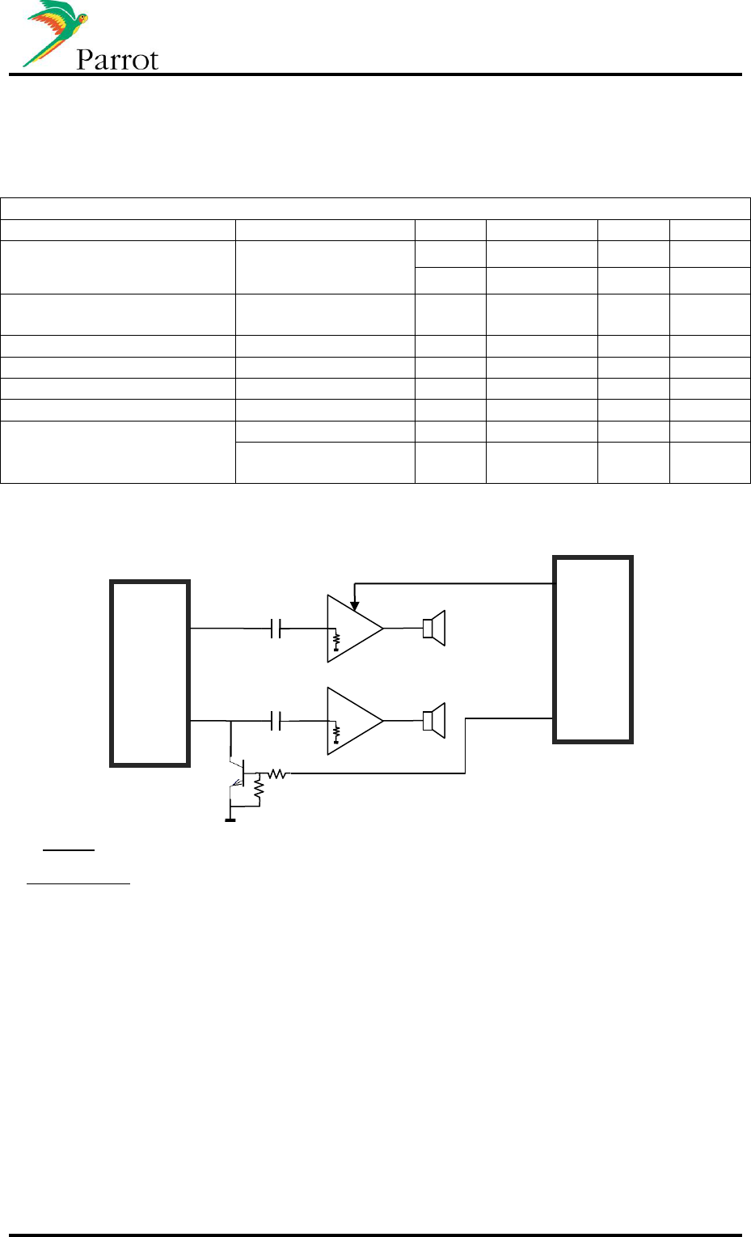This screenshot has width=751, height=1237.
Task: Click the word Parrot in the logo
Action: (x=117, y=60)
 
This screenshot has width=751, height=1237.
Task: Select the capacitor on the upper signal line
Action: (x=276, y=628)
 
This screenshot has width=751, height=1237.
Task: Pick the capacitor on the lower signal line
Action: (x=276, y=720)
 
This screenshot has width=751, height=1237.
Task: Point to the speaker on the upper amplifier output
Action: (x=434, y=629)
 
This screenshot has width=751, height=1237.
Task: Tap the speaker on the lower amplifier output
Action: (x=434, y=721)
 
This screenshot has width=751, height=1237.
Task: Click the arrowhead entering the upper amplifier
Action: (x=354, y=605)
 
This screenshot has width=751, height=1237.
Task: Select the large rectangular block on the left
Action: (x=150, y=672)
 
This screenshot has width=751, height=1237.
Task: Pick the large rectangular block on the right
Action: (x=593, y=649)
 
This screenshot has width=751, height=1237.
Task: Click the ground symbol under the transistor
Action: (x=230, y=819)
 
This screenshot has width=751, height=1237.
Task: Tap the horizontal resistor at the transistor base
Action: (x=277, y=774)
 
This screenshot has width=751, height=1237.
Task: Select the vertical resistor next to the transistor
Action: (x=259, y=790)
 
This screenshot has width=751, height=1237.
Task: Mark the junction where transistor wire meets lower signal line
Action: (x=230, y=720)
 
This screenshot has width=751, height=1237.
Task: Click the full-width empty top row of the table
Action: (x=375, y=208)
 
